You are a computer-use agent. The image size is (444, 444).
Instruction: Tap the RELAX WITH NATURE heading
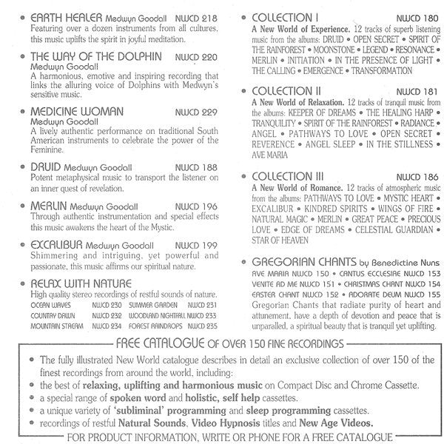click(81, 283)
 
